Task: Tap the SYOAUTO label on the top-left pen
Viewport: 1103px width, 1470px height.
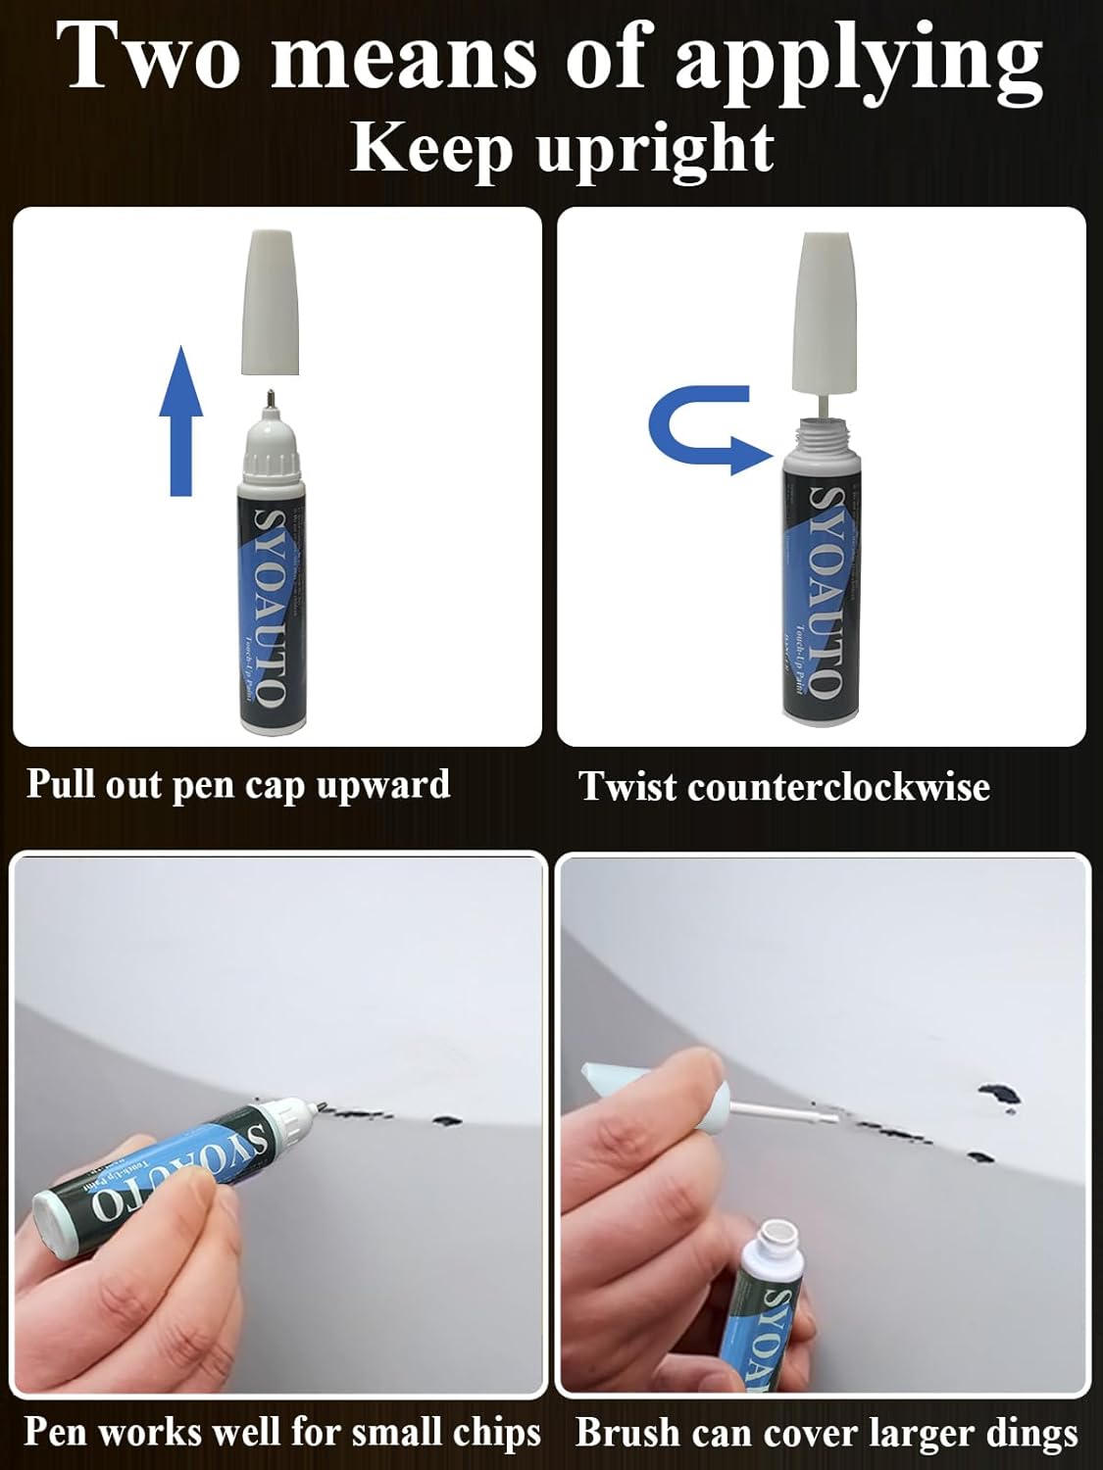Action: [271, 607]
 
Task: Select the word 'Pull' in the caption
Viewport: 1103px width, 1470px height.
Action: [60, 784]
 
